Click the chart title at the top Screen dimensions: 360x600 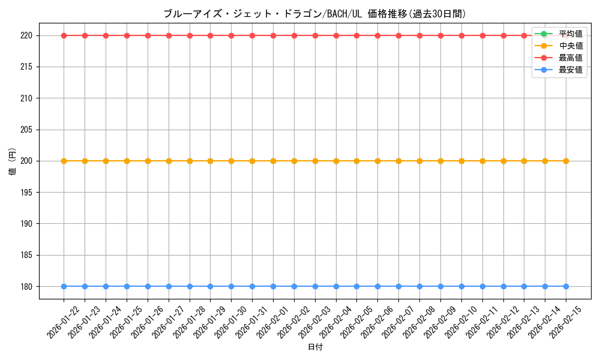314,14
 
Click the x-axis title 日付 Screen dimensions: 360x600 315,347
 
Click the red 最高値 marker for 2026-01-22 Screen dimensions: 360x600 64,35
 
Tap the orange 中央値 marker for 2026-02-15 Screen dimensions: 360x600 566,161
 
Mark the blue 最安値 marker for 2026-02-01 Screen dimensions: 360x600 273,286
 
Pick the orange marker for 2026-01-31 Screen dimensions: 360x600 252,161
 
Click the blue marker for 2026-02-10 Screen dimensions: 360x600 461,286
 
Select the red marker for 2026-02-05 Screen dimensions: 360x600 356,35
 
